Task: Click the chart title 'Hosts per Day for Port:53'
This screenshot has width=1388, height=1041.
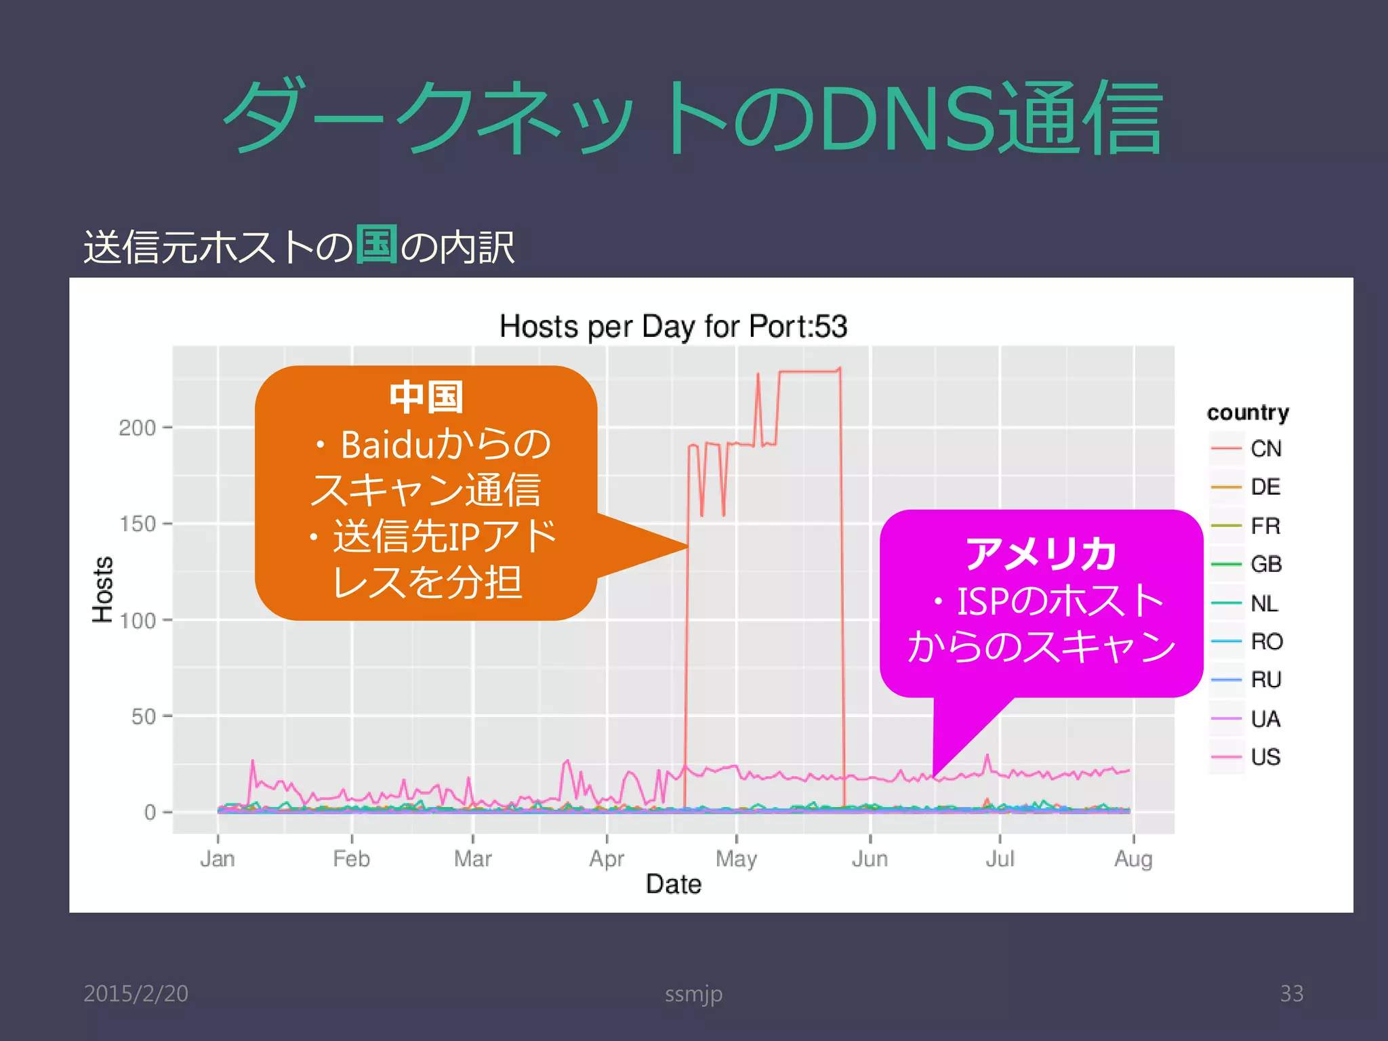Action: coord(673,327)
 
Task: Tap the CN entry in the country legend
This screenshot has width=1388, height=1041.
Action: coord(1265,449)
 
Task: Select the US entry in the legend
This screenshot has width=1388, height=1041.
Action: coord(1265,757)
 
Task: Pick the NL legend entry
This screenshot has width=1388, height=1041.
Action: coord(1264,603)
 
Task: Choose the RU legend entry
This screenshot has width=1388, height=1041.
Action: coord(1265,680)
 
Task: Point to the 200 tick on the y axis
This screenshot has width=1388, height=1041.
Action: coord(138,428)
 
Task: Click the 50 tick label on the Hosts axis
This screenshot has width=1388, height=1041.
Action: coord(143,716)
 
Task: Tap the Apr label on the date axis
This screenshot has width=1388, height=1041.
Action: coord(607,859)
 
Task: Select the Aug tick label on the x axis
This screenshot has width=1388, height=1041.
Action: coord(1133,859)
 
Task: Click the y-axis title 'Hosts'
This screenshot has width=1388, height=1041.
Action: coord(103,589)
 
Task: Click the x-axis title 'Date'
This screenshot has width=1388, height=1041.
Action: coord(674,884)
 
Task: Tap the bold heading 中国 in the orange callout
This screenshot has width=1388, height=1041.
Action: coord(426,397)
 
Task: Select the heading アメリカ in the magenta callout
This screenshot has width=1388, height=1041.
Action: coord(1041,554)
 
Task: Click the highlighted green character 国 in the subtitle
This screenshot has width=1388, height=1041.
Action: coord(377,244)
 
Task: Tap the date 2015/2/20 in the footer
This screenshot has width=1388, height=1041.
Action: coord(136,994)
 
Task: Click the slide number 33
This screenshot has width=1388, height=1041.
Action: coord(1291,994)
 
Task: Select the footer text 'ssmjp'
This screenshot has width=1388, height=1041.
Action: coord(693,994)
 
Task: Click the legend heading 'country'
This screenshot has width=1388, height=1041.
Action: coord(1248,413)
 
